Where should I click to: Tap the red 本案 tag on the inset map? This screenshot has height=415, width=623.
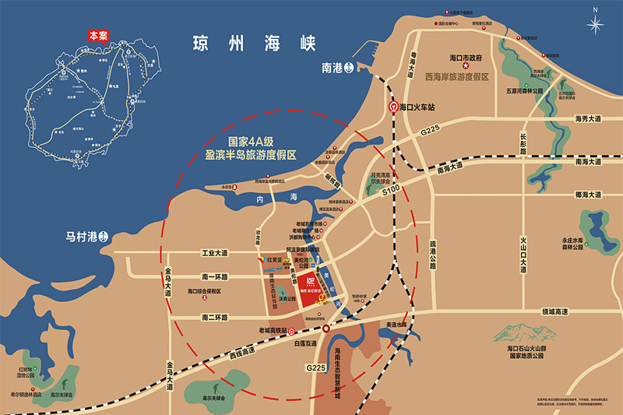(98, 35)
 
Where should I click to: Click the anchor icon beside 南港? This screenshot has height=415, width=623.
(350, 67)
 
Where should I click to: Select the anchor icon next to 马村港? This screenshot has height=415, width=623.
(111, 235)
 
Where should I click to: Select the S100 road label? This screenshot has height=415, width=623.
(391, 188)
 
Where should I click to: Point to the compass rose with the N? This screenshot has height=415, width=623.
(596, 23)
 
